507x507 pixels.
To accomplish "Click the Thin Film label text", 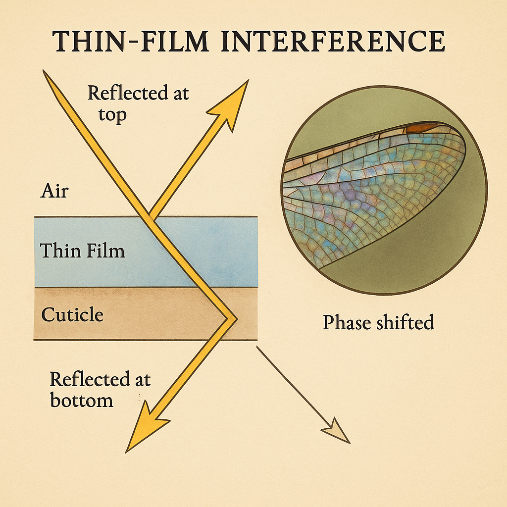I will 82,251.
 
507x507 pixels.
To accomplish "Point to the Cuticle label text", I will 72,314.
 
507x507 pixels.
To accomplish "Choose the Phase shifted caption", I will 378,322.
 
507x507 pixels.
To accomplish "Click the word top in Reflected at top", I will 112,114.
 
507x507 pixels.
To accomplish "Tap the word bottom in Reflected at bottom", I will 82,400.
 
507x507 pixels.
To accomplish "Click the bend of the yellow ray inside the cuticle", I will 232,317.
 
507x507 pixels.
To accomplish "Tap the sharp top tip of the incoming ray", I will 46,73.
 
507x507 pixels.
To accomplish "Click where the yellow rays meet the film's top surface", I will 150,217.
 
